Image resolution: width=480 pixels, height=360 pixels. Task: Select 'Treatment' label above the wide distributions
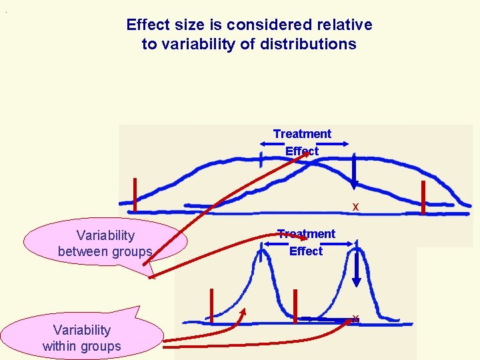(x=302, y=134)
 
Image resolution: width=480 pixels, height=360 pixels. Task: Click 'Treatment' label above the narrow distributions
(x=306, y=234)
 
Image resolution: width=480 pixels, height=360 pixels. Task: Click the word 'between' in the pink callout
(x=82, y=252)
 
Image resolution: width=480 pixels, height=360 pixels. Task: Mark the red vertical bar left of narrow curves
(x=212, y=306)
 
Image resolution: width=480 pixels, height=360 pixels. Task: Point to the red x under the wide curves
(x=356, y=207)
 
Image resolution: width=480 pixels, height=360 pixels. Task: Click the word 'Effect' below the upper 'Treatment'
(x=302, y=151)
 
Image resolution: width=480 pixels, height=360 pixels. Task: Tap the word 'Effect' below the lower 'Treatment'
(x=306, y=251)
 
